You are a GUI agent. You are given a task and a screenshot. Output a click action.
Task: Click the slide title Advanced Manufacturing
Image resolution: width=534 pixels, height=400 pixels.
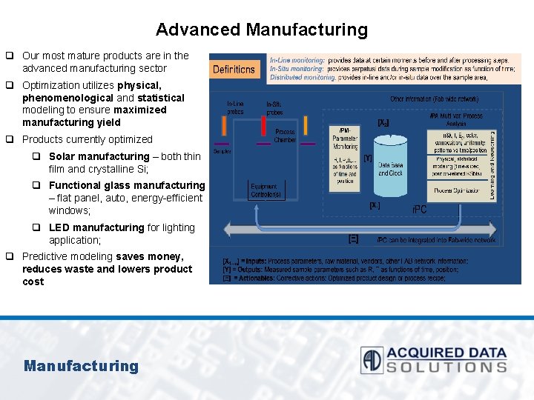tap(261, 30)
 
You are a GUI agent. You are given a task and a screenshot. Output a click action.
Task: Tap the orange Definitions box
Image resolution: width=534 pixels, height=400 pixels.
tap(234, 70)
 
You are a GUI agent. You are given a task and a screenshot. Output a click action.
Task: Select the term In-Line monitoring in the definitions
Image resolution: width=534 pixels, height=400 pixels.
tap(297, 59)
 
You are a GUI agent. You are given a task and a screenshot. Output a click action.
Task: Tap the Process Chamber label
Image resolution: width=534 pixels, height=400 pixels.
tap(285, 136)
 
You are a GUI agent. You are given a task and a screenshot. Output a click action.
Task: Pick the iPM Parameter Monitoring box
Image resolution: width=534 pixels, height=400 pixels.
tap(344, 156)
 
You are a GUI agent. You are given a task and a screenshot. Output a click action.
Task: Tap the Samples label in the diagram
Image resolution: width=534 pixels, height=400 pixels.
tap(222, 151)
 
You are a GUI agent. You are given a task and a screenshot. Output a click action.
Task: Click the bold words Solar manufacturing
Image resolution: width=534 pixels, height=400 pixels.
tap(99, 156)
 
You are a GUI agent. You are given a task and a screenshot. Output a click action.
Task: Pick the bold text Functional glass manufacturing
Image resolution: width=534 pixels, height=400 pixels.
tap(126, 185)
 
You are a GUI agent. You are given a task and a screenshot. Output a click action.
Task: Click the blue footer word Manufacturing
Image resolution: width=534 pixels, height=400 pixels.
tap(81, 365)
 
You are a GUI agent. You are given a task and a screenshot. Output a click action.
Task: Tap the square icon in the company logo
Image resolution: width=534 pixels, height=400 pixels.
tap(372, 360)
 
